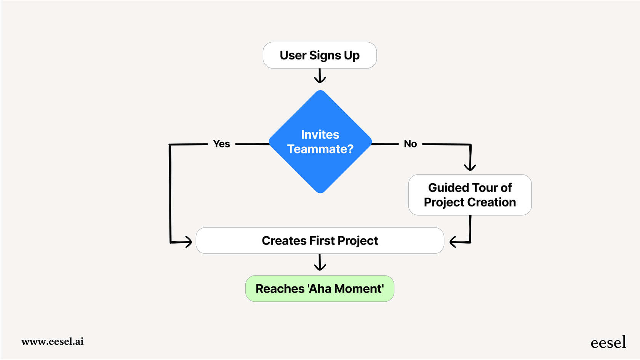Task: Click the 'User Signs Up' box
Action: tap(320, 55)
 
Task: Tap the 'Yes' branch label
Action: tap(221, 144)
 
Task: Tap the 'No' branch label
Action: tap(410, 144)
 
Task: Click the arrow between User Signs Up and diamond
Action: tap(320, 76)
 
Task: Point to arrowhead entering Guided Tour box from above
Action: tap(470, 167)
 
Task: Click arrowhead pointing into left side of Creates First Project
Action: tap(188, 242)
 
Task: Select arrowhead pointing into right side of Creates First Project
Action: tap(453, 242)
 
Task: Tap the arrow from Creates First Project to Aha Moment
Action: tap(320, 263)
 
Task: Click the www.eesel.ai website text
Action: tap(53, 341)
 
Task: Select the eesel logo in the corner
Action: tap(608, 342)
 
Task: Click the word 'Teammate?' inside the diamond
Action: tap(320, 149)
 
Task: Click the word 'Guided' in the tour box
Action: tap(448, 188)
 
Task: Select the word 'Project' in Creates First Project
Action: tap(357, 241)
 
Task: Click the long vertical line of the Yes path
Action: tap(170, 192)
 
